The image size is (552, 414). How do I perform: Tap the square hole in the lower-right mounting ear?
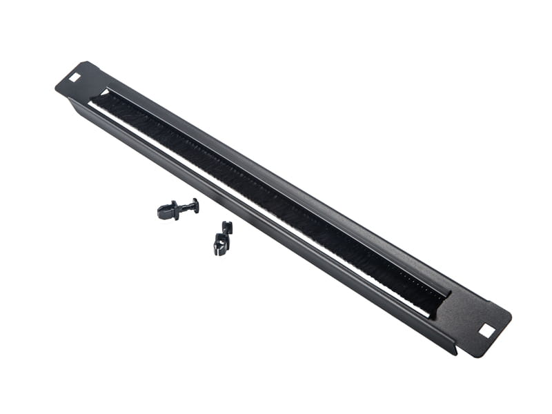(x=486, y=331)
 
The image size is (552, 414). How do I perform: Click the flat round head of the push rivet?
(x=196, y=204)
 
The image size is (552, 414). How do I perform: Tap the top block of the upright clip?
(x=226, y=226)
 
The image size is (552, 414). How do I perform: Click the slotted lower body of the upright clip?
(x=220, y=245)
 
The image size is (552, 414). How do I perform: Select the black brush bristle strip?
(x=269, y=200)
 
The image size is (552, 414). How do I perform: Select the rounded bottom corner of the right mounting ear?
(x=477, y=352)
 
